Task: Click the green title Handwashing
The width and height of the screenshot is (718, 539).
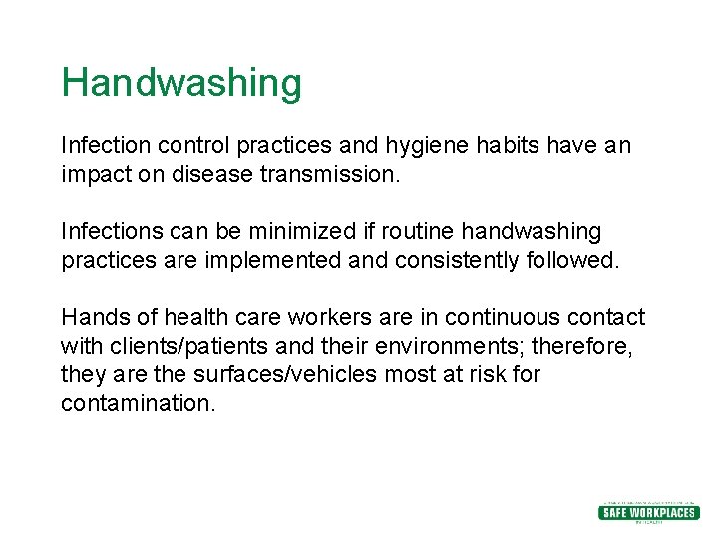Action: click(x=180, y=83)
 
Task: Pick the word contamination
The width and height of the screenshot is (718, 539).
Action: click(x=138, y=404)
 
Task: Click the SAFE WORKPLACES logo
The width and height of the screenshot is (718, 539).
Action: click(x=648, y=512)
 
